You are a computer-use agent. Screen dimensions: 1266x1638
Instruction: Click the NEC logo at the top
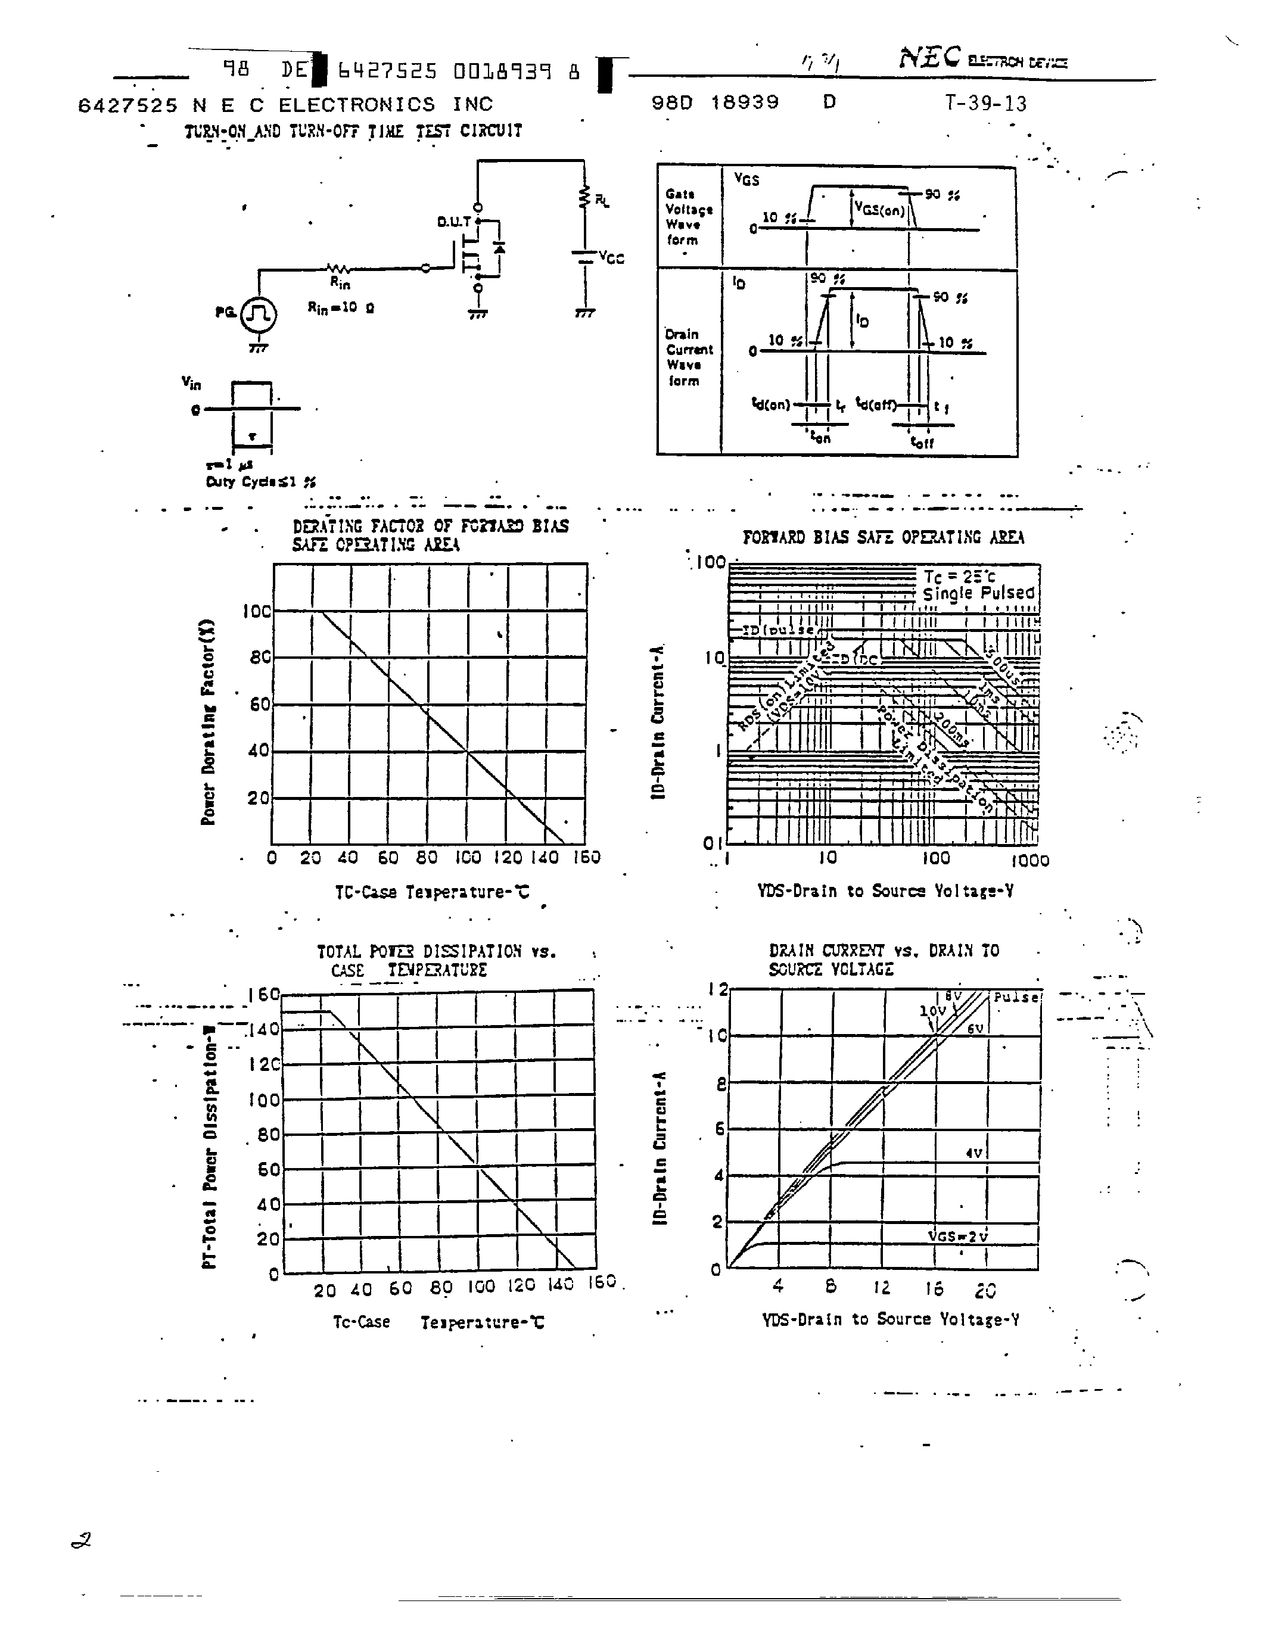[x=929, y=58]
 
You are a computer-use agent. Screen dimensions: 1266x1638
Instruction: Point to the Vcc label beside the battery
[x=611, y=258]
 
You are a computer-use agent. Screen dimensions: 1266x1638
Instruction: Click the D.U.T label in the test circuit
[x=453, y=222]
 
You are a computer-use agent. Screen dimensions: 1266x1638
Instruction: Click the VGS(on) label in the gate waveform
[x=881, y=211]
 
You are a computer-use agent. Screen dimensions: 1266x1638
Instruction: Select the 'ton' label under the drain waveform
[x=821, y=437]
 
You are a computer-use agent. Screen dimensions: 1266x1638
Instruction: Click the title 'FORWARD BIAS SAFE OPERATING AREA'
[x=883, y=537]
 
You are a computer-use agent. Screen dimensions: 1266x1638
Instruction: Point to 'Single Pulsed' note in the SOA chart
[x=978, y=593]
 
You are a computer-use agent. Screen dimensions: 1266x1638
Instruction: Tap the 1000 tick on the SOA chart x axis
[x=1029, y=860]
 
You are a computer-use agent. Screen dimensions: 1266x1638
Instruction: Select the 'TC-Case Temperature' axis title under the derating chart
[x=432, y=892]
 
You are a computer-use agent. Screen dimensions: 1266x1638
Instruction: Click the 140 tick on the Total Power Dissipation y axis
[x=263, y=1029]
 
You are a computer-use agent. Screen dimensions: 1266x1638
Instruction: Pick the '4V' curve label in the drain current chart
[x=973, y=1153]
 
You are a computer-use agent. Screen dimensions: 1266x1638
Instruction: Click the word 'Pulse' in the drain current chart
[x=1016, y=998]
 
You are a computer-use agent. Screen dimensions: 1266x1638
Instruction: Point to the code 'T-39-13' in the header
[x=985, y=104]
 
